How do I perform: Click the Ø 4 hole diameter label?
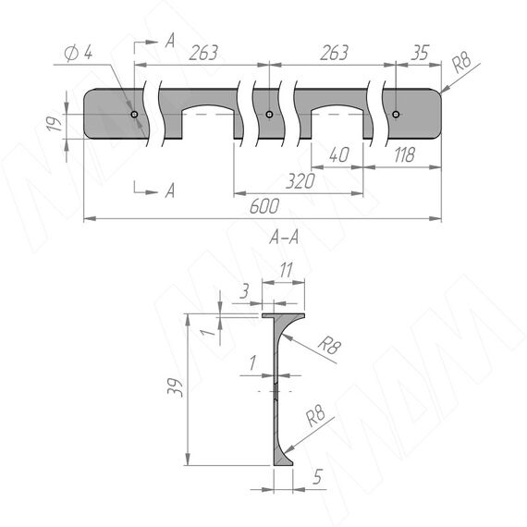(x=79, y=53)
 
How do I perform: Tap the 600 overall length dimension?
(x=264, y=206)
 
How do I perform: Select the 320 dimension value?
(x=300, y=181)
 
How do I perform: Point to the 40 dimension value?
(x=339, y=154)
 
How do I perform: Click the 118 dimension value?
(x=404, y=154)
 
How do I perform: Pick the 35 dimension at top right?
(x=420, y=53)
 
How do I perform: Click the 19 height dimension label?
(x=55, y=123)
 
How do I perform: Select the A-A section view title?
(x=284, y=238)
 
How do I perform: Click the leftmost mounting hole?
(x=134, y=115)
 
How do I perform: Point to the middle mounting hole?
(x=269, y=115)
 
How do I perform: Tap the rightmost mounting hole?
(x=396, y=115)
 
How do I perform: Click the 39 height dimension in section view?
(x=175, y=387)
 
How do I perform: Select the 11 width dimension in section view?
(x=286, y=270)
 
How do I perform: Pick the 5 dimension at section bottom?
(x=318, y=476)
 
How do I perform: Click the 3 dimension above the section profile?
(x=244, y=290)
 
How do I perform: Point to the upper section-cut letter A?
(x=170, y=41)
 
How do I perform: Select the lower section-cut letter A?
(x=170, y=190)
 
